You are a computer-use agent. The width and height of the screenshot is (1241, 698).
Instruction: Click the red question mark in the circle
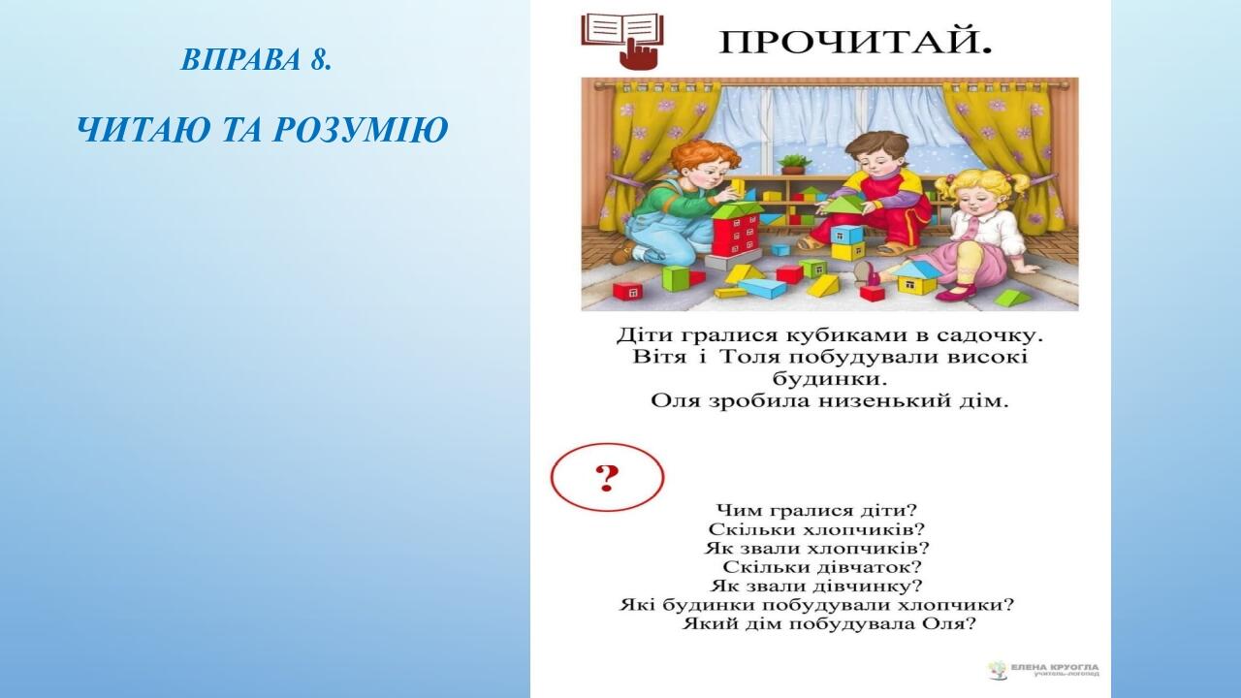point(607,479)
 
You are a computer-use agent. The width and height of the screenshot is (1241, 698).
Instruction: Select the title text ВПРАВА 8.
point(256,60)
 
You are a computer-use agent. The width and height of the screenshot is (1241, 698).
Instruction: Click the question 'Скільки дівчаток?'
point(822,567)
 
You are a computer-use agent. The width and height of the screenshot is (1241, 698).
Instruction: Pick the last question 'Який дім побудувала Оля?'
point(829,624)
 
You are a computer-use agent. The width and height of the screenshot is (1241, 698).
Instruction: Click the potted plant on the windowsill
point(794,164)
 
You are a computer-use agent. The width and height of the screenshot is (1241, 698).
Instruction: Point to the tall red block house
point(736,236)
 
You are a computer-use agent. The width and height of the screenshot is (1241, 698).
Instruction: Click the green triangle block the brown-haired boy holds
point(843,205)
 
